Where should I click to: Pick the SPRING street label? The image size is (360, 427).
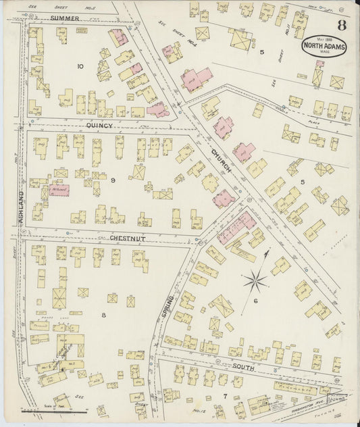tap(165, 308)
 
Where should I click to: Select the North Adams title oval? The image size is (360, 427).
tap(324, 47)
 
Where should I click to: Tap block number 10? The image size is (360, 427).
tap(80, 66)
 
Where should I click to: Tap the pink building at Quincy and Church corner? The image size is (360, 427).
tap(158, 109)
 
